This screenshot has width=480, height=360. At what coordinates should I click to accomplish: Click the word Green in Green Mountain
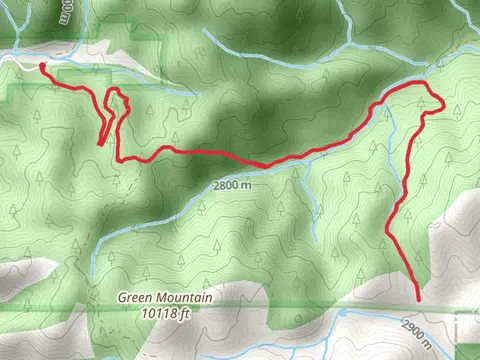point(137,296)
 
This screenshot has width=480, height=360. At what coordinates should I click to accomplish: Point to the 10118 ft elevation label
point(164,312)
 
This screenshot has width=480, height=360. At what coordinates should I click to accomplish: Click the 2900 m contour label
point(417,329)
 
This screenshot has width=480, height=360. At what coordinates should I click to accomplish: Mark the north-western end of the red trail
point(42,67)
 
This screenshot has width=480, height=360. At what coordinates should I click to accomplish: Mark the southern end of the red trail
point(417,299)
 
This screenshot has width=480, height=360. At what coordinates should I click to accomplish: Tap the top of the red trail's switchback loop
point(115,91)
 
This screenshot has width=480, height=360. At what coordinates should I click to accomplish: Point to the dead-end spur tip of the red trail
point(100,144)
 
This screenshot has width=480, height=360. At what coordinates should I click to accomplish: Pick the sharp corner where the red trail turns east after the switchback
point(119,160)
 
